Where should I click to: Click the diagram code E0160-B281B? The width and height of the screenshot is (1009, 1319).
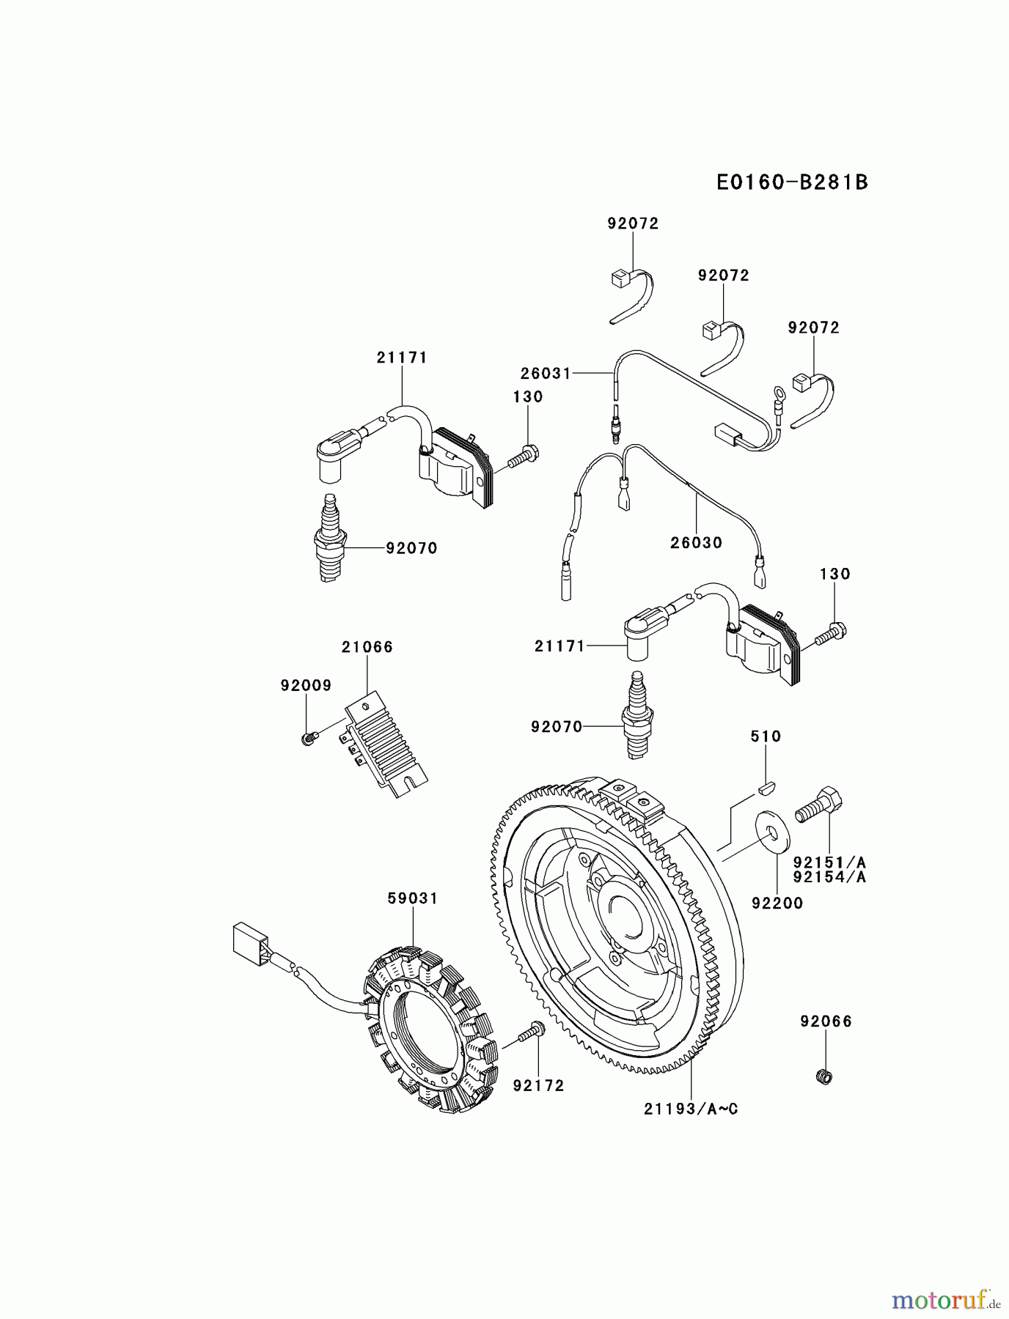792,182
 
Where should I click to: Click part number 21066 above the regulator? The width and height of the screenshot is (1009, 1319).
367,647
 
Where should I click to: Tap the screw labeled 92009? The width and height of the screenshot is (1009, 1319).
309,738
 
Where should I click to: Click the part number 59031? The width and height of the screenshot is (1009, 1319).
412,898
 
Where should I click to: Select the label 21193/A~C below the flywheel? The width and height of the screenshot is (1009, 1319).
691,1109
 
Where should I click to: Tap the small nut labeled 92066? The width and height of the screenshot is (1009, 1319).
824,1076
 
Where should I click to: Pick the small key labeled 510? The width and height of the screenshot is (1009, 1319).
766,789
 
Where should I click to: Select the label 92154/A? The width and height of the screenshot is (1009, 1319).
829,877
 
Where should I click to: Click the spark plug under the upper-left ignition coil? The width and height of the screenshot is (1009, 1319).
331,539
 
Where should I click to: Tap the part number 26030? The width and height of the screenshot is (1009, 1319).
695,543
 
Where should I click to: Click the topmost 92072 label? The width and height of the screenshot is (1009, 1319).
632,223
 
